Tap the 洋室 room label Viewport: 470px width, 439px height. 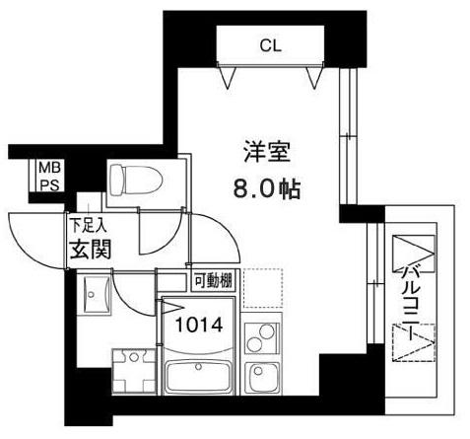(266, 153)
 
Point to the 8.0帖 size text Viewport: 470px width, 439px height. (267, 186)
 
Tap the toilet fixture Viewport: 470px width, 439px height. (132, 179)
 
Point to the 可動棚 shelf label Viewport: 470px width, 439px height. (212, 280)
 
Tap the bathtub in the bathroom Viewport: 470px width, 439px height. (201, 375)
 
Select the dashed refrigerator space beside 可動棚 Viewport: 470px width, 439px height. (261, 289)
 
